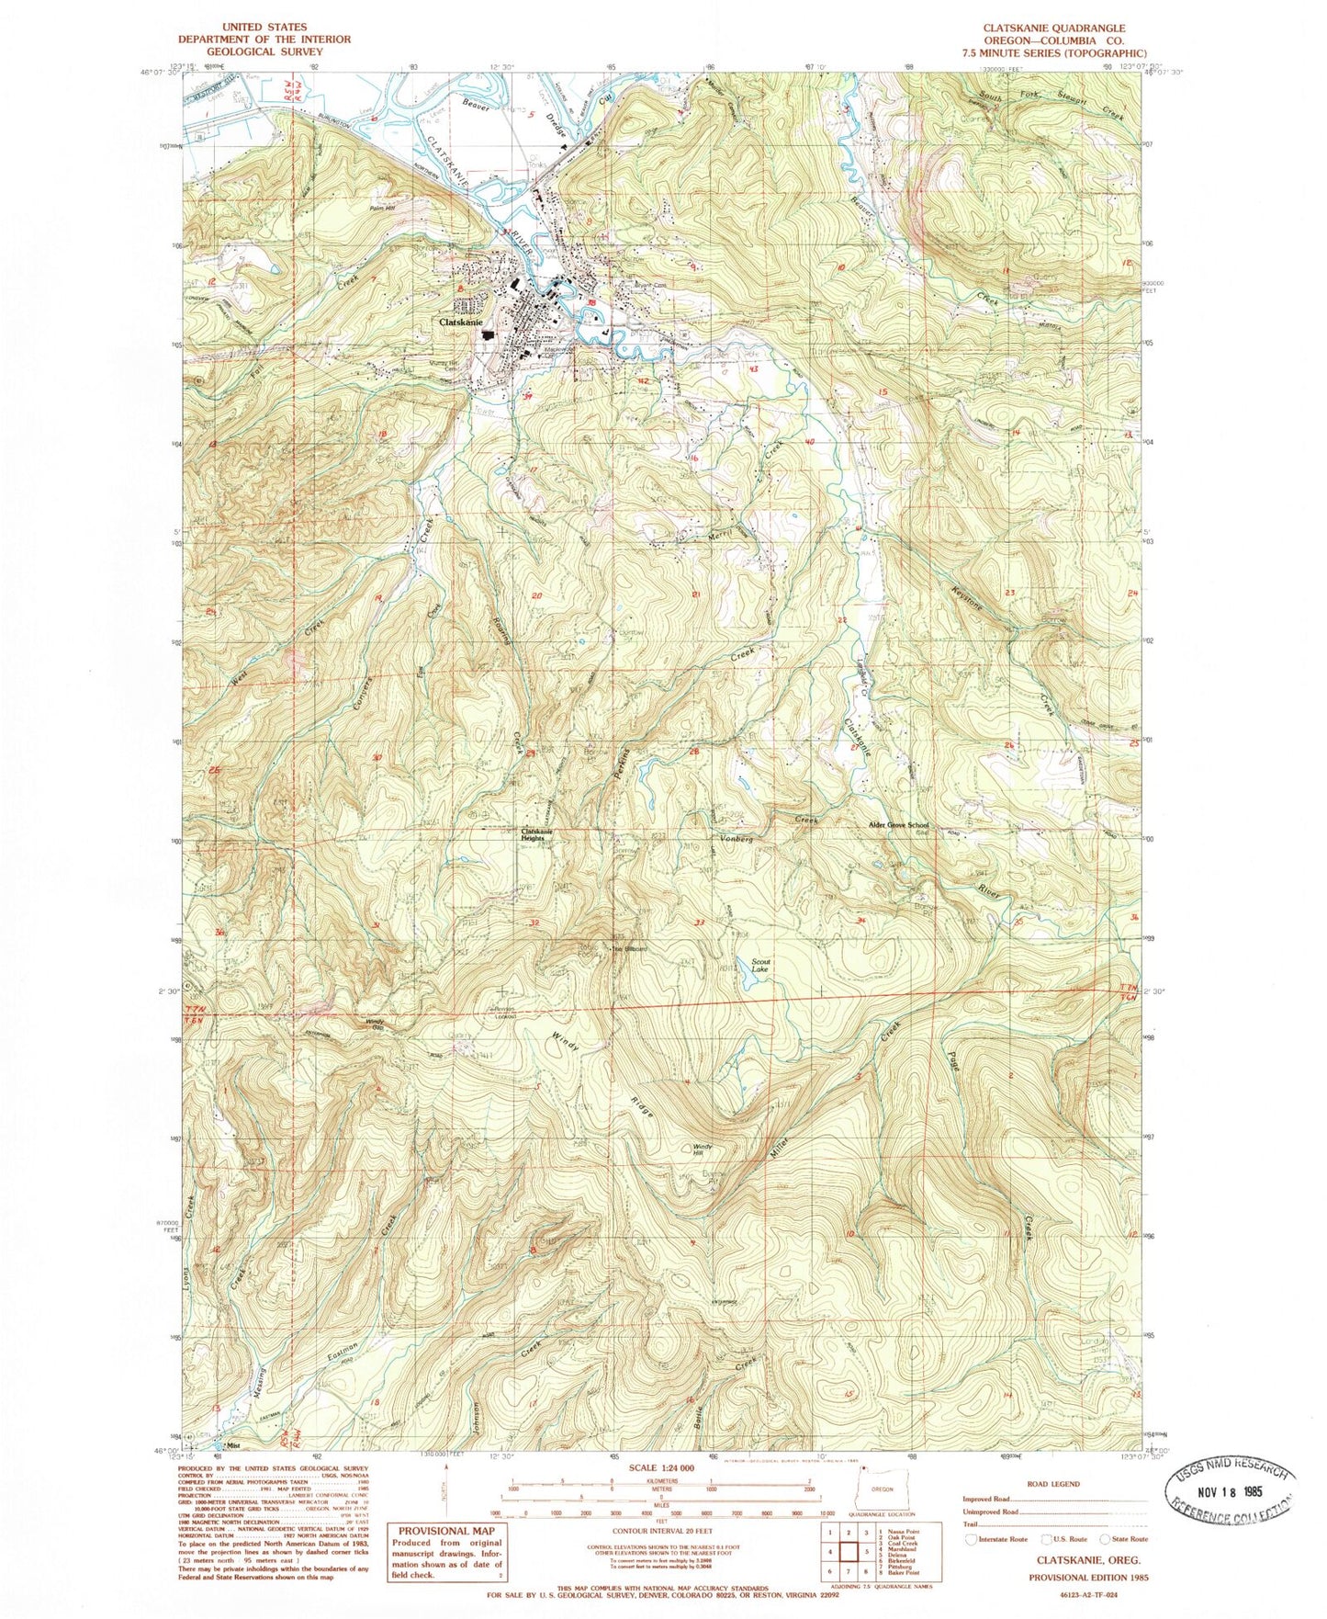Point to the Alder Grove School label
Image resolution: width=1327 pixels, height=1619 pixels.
[x=905, y=825]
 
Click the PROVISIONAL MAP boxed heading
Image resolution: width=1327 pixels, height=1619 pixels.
[x=444, y=1531]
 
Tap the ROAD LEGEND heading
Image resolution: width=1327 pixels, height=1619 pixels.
[x=1054, y=1484]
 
